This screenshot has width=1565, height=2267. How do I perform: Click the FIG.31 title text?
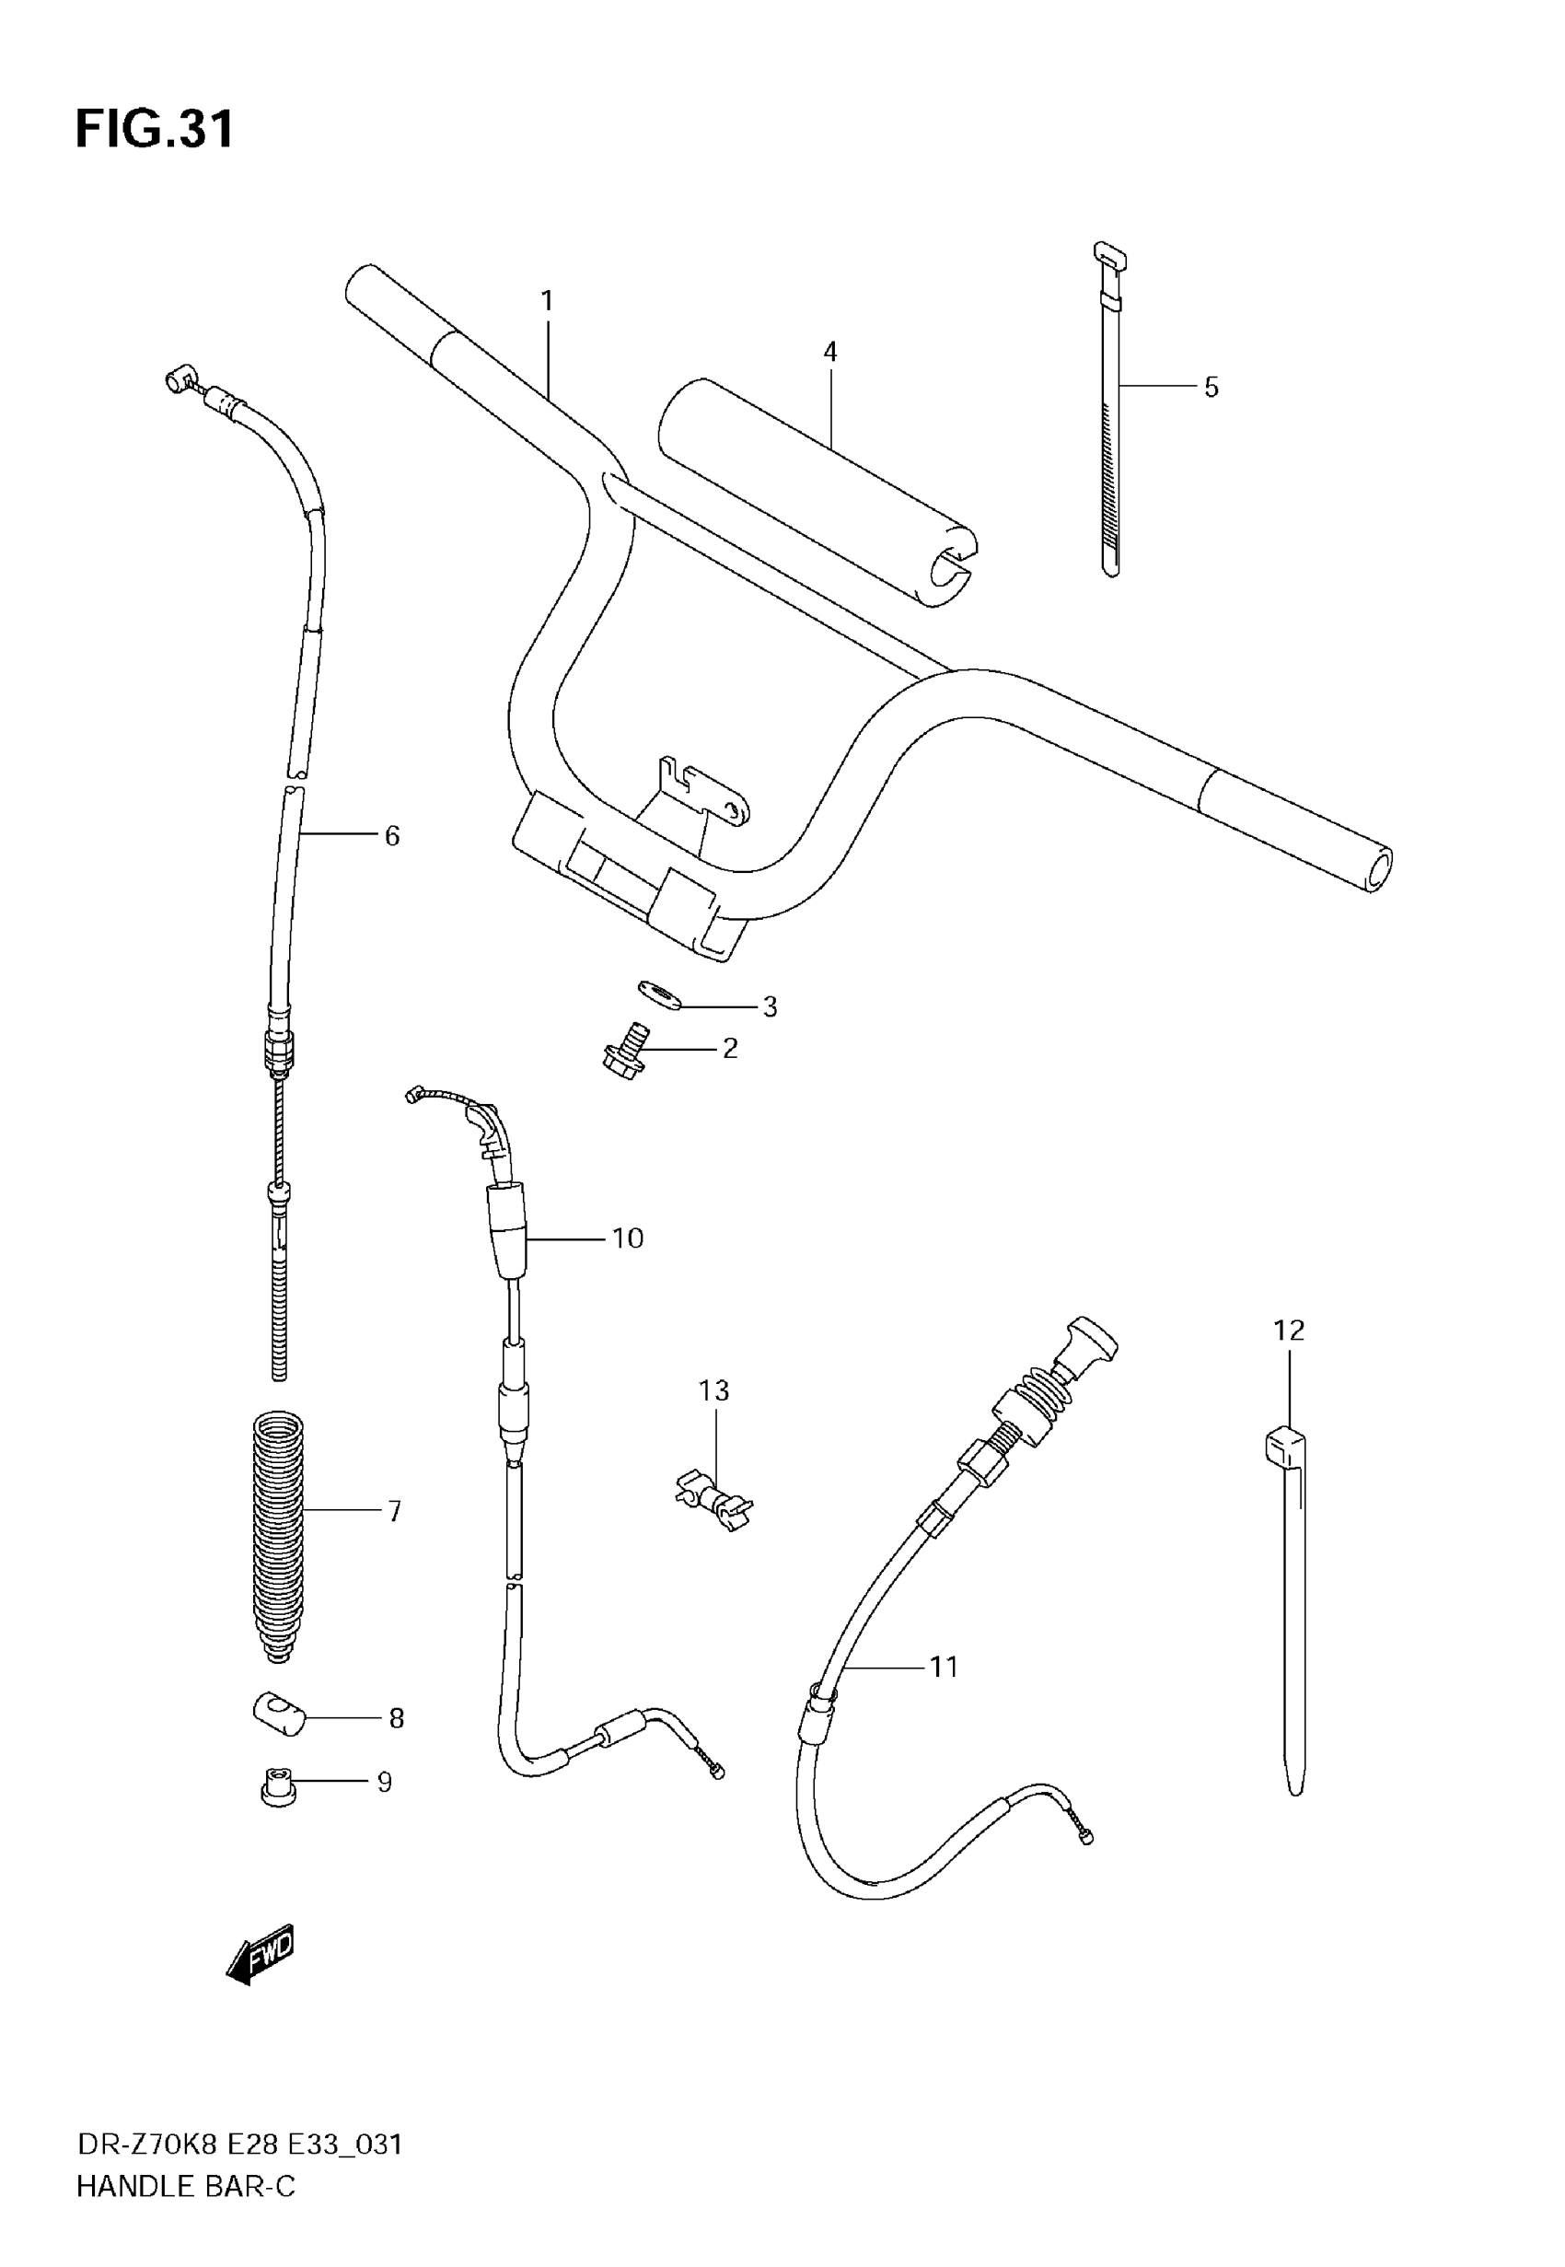click(x=155, y=130)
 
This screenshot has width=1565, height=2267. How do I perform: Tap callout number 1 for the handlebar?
click(x=547, y=301)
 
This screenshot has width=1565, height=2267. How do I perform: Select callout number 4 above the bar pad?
click(x=830, y=352)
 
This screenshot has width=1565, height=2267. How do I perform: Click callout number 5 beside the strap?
click(x=1211, y=389)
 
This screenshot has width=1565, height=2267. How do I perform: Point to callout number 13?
click(x=713, y=1390)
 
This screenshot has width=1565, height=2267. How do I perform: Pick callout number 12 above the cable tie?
click(x=1289, y=1331)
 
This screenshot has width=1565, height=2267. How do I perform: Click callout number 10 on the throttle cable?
click(x=628, y=1238)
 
